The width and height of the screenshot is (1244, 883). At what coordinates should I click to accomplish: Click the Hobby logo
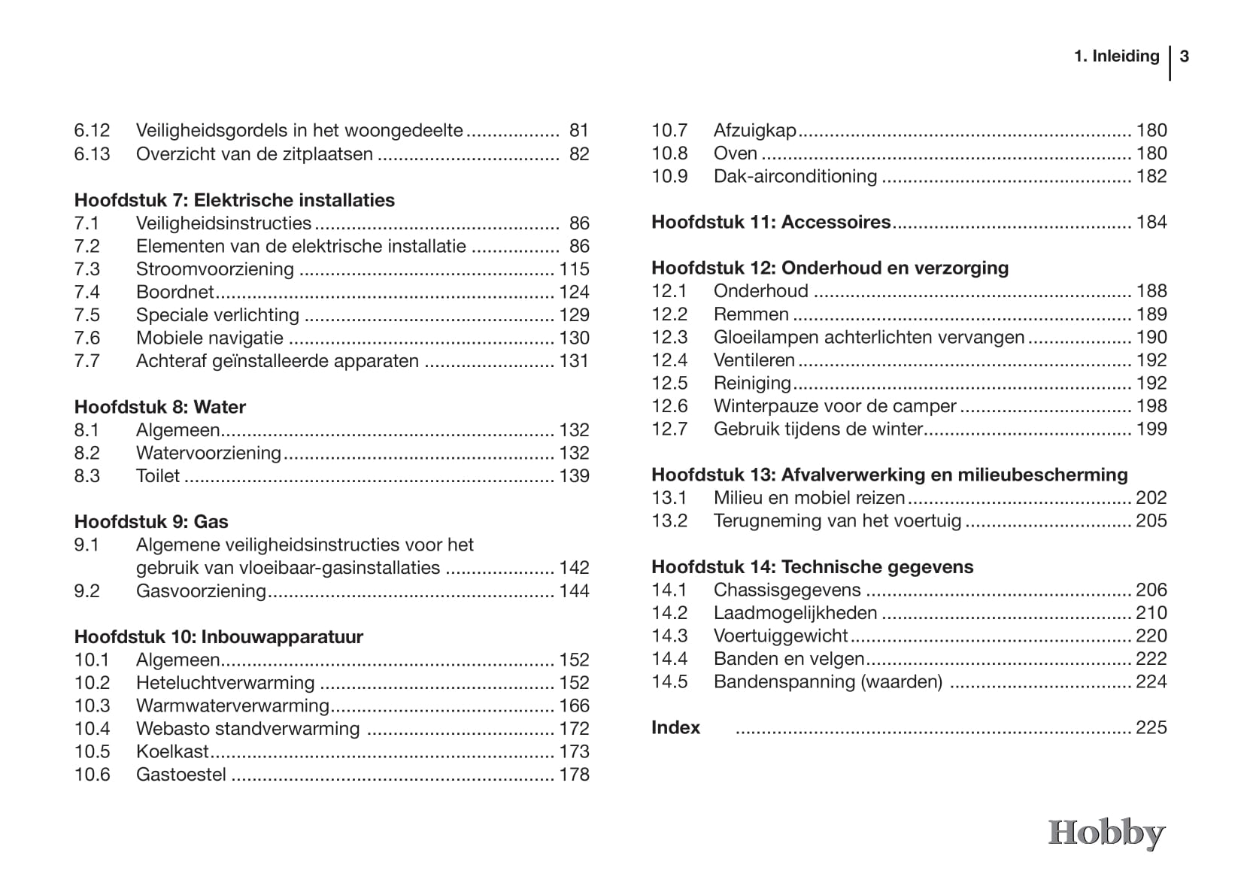[x=1106, y=833]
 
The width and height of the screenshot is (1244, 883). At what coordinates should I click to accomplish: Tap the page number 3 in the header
[x=1185, y=56]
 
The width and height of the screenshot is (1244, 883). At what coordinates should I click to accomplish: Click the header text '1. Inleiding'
[x=1116, y=56]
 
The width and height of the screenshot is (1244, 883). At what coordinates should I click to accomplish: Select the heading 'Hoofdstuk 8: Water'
[x=159, y=407]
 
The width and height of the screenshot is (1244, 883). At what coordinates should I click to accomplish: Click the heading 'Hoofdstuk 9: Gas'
[x=151, y=522]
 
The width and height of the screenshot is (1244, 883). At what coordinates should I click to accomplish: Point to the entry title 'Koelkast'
[x=172, y=751]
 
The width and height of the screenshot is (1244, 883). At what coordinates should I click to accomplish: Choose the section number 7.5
[x=87, y=315]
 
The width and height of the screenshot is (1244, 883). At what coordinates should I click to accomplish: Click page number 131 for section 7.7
[x=574, y=361]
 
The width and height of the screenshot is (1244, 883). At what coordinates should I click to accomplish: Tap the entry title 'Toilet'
[x=158, y=476]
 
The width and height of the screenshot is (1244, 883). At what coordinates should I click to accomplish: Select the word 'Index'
[x=675, y=727]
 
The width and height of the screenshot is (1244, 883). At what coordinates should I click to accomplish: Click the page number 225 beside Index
[x=1151, y=727]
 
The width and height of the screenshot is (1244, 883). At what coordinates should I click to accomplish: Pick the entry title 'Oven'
[x=735, y=153]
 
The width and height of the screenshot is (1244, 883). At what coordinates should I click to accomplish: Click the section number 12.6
[x=669, y=406]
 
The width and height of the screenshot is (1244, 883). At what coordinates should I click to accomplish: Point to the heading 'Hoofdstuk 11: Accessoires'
[x=771, y=222]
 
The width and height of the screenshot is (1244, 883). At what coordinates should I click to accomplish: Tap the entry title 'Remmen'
[x=751, y=314]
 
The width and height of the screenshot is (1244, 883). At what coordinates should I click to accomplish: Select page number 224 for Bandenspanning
[x=1151, y=681]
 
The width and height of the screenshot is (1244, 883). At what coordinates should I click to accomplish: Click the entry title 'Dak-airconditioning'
[x=795, y=176]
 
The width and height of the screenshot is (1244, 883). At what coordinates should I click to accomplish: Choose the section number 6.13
[x=92, y=154]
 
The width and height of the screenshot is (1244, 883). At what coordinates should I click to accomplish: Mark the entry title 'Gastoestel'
[x=181, y=775]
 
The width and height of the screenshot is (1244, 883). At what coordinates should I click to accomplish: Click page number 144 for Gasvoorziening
[x=574, y=591]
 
